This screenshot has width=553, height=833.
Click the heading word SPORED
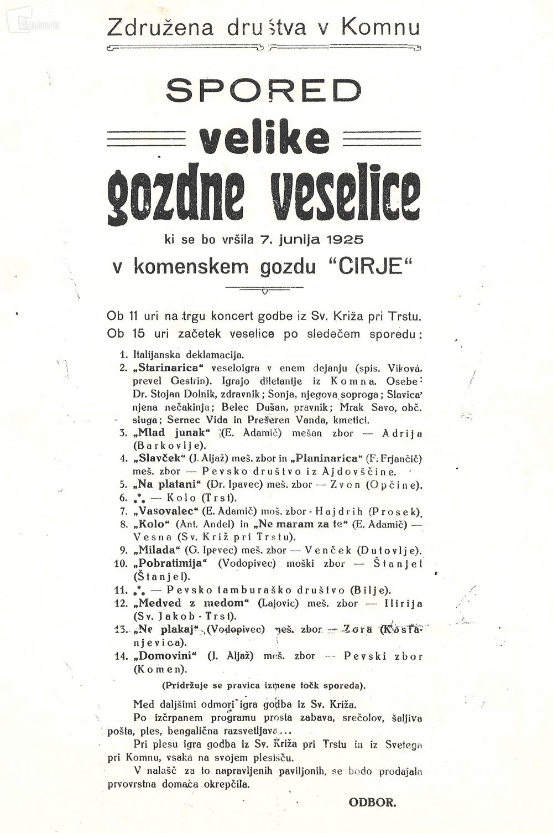tap(263, 89)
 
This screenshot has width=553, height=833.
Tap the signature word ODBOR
tap(372, 800)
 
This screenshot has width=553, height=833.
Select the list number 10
tap(121, 563)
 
